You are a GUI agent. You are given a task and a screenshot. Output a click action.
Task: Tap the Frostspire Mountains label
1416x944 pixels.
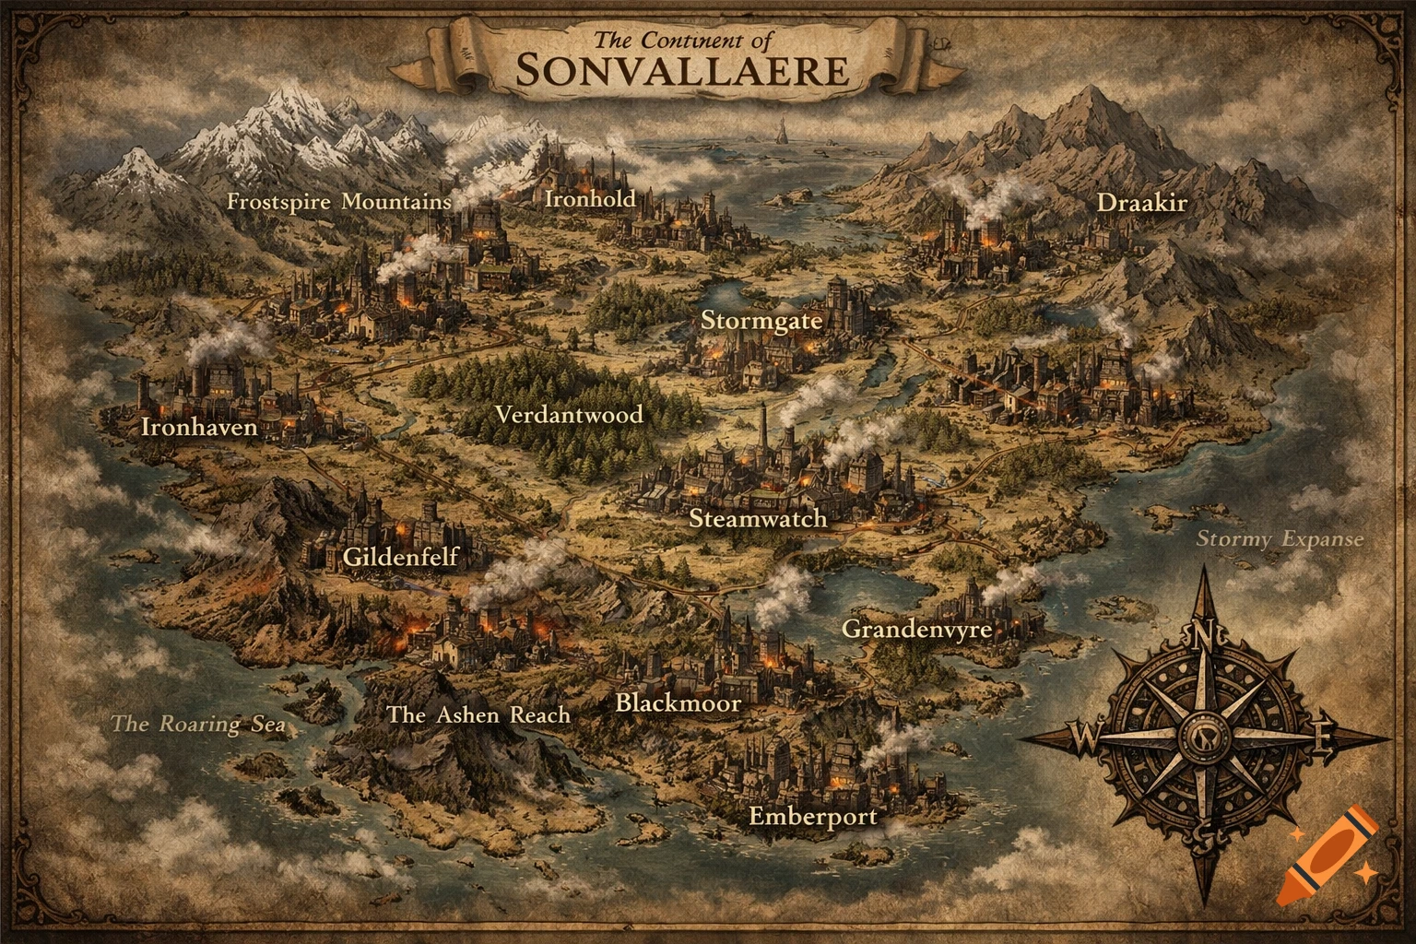click(339, 202)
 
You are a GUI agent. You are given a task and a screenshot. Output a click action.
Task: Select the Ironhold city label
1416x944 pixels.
click(590, 198)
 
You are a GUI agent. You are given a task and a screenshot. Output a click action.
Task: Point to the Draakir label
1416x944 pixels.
click(1141, 203)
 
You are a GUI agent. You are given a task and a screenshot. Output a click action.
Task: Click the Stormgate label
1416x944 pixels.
click(761, 321)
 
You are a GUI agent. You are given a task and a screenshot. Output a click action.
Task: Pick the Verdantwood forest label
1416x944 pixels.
click(569, 415)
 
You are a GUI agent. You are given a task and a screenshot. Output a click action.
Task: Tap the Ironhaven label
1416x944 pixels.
click(199, 427)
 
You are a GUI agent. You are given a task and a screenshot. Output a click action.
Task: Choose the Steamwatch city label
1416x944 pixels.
click(758, 518)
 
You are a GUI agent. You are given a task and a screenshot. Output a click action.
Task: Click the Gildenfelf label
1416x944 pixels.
click(400, 557)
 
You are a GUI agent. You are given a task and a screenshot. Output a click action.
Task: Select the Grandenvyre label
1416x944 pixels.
click(917, 630)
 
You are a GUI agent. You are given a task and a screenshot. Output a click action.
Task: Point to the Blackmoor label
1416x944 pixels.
click(678, 703)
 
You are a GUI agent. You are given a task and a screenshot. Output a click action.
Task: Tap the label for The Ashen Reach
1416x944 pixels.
click(478, 714)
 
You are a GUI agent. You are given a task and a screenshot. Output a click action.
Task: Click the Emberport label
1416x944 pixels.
click(812, 816)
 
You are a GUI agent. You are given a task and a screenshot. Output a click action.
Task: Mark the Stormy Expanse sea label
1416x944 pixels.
click(1280, 539)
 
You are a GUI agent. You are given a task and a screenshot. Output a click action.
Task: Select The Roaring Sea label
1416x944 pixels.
click(197, 724)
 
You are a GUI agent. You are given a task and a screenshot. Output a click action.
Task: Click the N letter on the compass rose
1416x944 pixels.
click(1202, 634)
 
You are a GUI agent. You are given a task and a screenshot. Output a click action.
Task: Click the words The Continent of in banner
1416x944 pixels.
click(683, 40)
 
